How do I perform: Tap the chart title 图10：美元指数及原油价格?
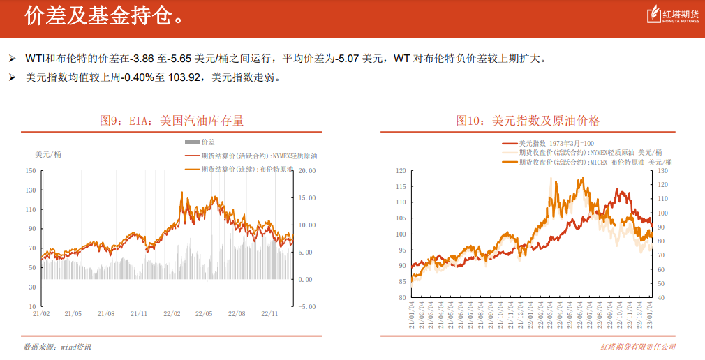[528, 121]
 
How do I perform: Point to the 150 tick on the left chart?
[30, 170]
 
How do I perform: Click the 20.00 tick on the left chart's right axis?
[306, 170]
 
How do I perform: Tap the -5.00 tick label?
[306, 306]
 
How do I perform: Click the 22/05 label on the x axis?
[204, 314]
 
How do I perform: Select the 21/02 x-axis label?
[41, 314]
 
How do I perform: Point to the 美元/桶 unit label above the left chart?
[48, 154]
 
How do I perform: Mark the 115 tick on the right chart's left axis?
[400, 186]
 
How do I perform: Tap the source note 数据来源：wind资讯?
[57, 347]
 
